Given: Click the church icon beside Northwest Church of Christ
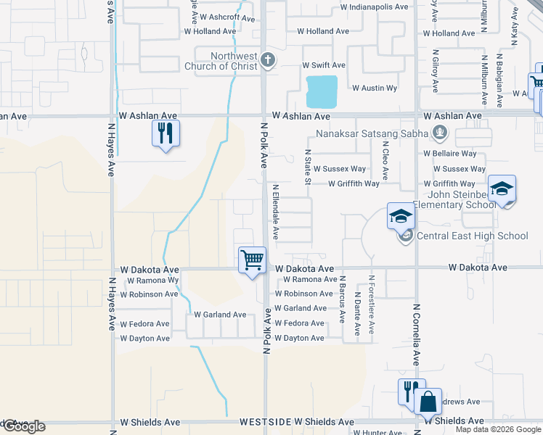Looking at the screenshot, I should click(x=268, y=60).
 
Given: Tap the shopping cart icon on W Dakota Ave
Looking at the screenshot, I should click(x=252, y=260).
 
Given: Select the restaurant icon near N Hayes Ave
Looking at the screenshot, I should click(x=166, y=133).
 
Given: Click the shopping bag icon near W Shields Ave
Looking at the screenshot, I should click(x=428, y=399).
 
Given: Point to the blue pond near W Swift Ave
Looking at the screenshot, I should click(x=322, y=91).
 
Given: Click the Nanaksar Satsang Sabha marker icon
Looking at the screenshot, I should click(x=438, y=133).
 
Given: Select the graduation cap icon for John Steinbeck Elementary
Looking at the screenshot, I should click(x=502, y=188).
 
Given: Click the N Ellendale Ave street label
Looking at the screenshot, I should click(x=276, y=212).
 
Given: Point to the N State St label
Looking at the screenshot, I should click(x=308, y=167).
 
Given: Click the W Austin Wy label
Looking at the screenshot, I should click(x=375, y=88).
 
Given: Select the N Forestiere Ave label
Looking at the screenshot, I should click(x=371, y=304).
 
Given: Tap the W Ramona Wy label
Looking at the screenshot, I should click(x=152, y=280).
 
